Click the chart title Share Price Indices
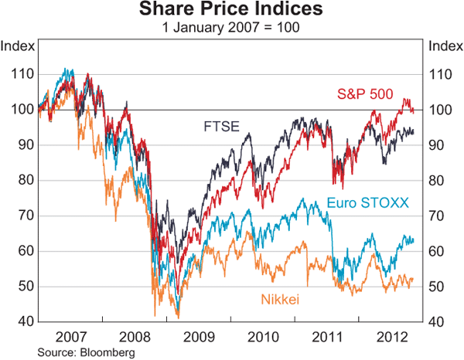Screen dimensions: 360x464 pos(232,11)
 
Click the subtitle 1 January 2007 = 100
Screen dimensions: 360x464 pos(232,28)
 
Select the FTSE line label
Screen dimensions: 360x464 pos(220,125)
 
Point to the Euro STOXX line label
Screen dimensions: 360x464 pos(367,203)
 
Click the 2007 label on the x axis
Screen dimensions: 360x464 pos(71,337)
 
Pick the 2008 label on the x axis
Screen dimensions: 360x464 pos(135,337)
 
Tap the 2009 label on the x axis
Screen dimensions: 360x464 pos(199,337)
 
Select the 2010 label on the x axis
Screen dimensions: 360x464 pos(263,337)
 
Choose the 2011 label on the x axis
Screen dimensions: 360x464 pos(327,337)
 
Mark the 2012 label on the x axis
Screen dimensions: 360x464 pos(391,337)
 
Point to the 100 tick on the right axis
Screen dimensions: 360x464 pos(440,110)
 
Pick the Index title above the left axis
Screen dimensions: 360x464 pos(18,46)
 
